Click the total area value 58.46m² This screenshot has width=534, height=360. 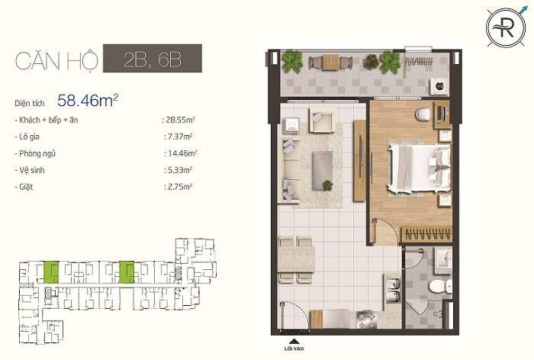pyautogui.click(x=88, y=101)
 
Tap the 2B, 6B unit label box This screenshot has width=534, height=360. pyautogui.click(x=153, y=58)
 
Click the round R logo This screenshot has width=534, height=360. pyautogui.click(x=505, y=28)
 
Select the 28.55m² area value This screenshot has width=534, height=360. pyautogui.click(x=180, y=120)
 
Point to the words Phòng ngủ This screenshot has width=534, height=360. pyautogui.click(x=37, y=153)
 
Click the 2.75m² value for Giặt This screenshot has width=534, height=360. pyautogui.click(x=180, y=187)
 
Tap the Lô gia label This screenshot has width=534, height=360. pyautogui.click(x=29, y=137)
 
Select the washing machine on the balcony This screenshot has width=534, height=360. pyautogui.click(x=437, y=86)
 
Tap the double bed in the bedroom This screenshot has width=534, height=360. pyautogui.click(x=419, y=168)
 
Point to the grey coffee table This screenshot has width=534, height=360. pyautogui.click(x=323, y=170)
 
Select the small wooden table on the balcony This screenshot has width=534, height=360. pyautogui.click(x=330, y=63)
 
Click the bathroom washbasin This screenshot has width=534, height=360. pyautogui.click(x=443, y=261)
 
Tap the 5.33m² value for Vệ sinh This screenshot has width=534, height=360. pyautogui.click(x=179, y=170)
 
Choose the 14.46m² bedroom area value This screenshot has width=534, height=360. pyautogui.click(x=182, y=153)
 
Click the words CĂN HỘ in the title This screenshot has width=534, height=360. pyautogui.click(x=56, y=60)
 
